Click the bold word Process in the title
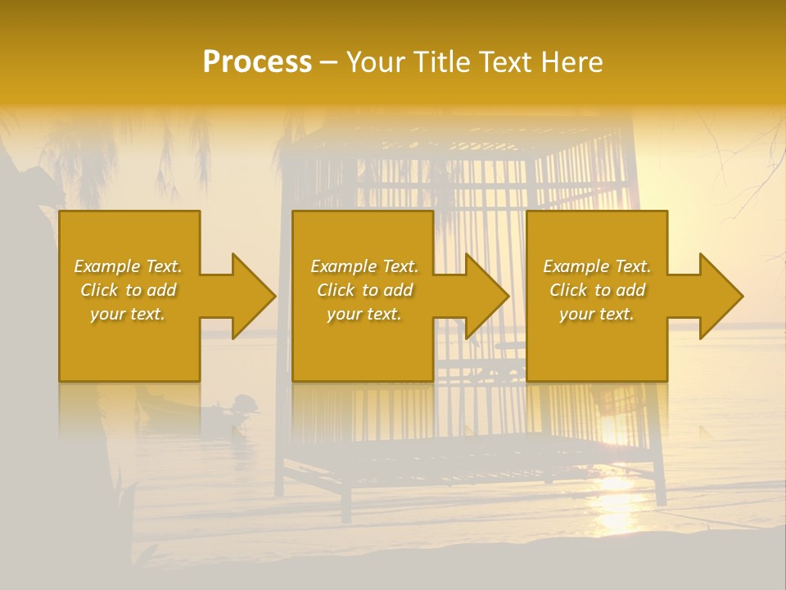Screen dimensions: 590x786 (x=257, y=62)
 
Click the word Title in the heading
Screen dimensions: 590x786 (x=441, y=62)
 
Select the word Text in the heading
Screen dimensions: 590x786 (x=504, y=62)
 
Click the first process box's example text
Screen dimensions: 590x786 (x=129, y=290)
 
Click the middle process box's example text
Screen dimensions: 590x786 (x=364, y=290)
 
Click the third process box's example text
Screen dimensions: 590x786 (x=597, y=290)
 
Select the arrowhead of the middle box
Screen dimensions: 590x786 (x=486, y=296)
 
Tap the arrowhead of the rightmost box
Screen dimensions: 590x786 (x=720, y=296)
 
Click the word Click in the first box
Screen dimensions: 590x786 (x=100, y=290)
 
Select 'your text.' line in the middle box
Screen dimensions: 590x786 (x=364, y=314)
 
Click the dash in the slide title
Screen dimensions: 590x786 (x=329, y=62)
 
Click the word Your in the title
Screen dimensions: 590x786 (x=377, y=62)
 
